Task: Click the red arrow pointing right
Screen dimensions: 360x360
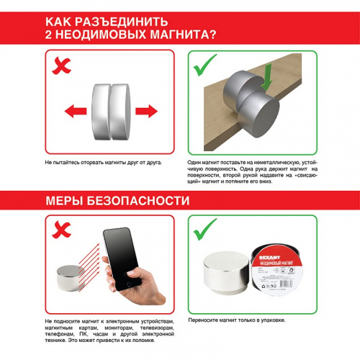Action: click(146, 111)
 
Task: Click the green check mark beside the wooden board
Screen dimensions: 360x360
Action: click(207, 66)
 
